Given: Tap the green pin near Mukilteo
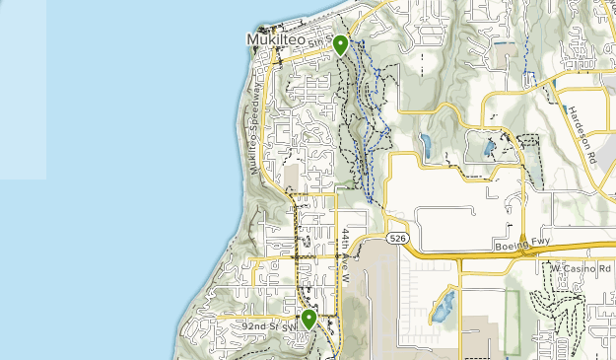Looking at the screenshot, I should pyautogui.click(x=340, y=44).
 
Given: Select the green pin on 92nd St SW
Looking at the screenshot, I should pyautogui.click(x=308, y=318).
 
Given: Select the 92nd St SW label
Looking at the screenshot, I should pyautogui.click(x=269, y=324).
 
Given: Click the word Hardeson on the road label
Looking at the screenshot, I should pyautogui.click(x=578, y=125).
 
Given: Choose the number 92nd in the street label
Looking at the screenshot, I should pyautogui.click(x=255, y=324).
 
